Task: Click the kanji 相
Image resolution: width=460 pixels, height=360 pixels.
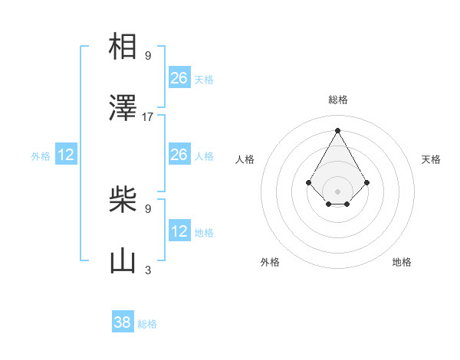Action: pos(123,47)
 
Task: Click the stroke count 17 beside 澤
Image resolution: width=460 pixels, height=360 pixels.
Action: pos(148,117)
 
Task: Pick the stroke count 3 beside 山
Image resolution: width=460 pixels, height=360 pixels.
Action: pos(148,270)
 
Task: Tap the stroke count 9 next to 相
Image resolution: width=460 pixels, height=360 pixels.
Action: pos(148,55)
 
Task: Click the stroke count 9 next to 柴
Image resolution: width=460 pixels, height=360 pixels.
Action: pos(148,208)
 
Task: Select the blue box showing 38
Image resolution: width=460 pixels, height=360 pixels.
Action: pos(123,322)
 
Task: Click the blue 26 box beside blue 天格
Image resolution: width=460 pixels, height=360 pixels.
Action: pos(179,78)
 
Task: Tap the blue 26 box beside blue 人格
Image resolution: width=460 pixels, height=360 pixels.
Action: pos(179,155)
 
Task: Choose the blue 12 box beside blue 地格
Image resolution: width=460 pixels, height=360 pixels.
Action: pos(179,231)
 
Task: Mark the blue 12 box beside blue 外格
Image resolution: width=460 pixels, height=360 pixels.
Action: pos(66,155)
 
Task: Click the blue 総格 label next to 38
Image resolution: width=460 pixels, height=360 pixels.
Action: pos(147,324)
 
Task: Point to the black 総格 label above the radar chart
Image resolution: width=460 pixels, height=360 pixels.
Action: pos(338,100)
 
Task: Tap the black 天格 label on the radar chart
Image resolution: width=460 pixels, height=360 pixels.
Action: pos(431,159)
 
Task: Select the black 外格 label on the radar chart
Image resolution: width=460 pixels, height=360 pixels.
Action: pos(270,262)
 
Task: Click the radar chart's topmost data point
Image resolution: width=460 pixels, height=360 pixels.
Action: pos(337,129)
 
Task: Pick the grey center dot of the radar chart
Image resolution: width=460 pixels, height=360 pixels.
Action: pos(337,191)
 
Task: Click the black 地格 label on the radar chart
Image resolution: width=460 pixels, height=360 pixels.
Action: pos(402,262)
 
